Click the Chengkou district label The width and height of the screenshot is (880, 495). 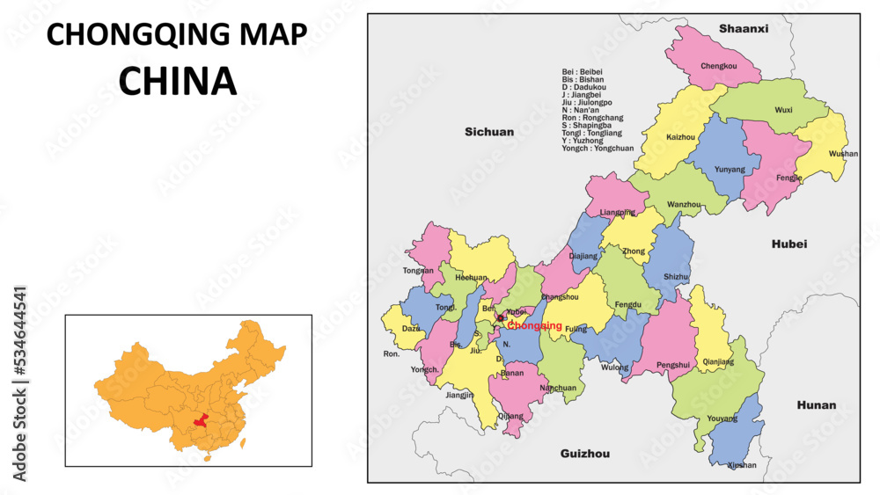718,66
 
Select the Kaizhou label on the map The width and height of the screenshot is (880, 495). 680,138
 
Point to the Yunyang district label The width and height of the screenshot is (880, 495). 730,170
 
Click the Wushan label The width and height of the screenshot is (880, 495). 843,154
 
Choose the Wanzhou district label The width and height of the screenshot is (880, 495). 684,205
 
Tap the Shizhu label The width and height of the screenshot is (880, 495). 676,277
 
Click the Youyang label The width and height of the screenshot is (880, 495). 722,419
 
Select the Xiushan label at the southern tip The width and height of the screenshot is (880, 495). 742,465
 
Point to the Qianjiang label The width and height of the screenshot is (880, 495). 719,361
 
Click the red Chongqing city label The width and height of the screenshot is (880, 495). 534,326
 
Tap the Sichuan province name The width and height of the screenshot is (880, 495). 489,132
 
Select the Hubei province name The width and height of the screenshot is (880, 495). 788,244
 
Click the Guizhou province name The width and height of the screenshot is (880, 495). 584,454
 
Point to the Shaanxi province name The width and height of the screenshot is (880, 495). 743,29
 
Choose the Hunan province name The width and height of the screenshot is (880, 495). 816,405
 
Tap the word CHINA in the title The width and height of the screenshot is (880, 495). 177,81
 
